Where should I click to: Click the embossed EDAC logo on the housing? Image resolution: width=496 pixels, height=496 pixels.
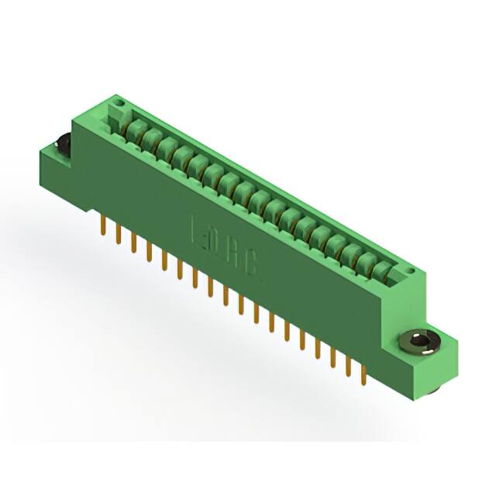coord(225,252)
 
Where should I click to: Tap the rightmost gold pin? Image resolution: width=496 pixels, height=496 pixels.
coord(361,374)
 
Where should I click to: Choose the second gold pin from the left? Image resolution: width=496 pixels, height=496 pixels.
coord(118,232)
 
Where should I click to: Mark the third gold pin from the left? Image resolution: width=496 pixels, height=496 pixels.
coord(133,243)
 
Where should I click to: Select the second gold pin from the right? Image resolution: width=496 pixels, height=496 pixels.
coord(346,367)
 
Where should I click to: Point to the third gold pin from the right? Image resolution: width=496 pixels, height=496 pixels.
coord(332,357)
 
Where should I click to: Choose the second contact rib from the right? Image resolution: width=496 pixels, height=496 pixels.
coord(367,262)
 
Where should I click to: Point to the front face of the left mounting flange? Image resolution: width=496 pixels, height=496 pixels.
coord(56,174)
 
